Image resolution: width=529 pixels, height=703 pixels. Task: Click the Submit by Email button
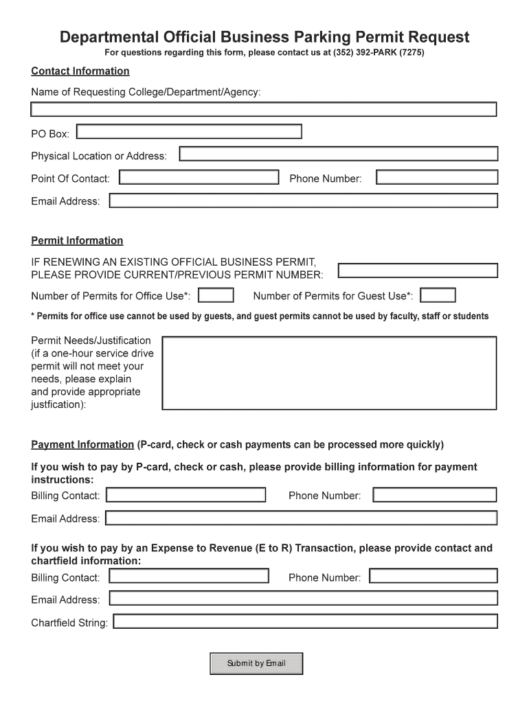(x=256, y=663)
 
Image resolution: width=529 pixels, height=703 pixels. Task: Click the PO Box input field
(x=190, y=131)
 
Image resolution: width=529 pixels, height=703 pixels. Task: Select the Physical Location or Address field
(x=338, y=154)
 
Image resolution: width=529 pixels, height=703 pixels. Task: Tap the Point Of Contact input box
(x=199, y=178)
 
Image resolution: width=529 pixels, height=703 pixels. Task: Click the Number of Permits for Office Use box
(x=216, y=296)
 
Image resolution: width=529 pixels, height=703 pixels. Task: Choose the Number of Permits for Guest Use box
(x=438, y=296)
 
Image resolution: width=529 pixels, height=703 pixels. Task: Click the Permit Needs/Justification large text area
(x=329, y=373)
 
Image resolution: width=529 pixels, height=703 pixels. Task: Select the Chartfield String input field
(x=305, y=622)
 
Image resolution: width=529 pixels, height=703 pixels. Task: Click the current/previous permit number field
(x=418, y=270)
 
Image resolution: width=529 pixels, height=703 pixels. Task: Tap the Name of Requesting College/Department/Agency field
(x=263, y=109)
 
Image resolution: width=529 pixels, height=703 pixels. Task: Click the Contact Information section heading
(x=80, y=71)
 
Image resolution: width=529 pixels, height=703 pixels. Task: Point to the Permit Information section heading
(x=77, y=241)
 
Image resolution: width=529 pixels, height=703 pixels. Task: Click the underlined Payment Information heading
(x=82, y=444)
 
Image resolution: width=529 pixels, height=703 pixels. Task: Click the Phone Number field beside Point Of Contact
(x=437, y=178)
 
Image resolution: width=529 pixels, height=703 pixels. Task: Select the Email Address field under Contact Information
(x=303, y=200)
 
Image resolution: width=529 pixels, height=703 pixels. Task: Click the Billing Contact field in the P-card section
(x=186, y=495)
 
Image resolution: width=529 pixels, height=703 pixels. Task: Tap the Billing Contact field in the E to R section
(x=189, y=577)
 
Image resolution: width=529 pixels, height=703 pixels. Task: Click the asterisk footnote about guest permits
(x=260, y=316)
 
